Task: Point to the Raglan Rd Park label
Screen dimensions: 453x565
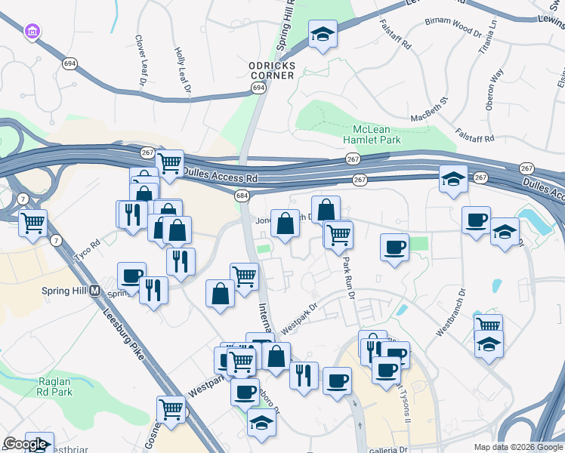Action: coord(54,387)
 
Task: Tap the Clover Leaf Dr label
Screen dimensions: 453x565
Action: coord(140,58)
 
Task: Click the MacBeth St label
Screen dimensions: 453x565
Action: coord(430,109)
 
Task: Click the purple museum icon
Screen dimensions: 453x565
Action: coord(32,32)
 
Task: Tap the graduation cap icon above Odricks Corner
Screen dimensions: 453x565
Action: coord(323,34)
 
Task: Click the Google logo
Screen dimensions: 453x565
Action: coord(26,445)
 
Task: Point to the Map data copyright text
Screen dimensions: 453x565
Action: coord(518,447)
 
